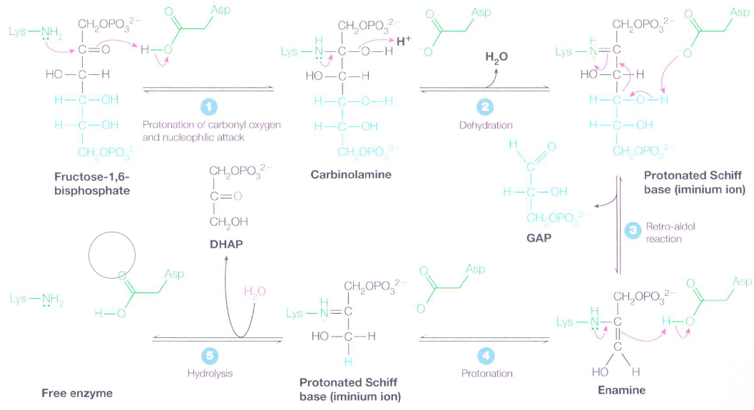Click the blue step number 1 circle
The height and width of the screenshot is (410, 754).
[x=209, y=107]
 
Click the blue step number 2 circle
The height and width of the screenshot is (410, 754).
[x=485, y=107]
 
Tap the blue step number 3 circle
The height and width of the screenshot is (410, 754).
[x=633, y=231]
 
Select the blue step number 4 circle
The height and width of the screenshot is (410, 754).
[x=486, y=357]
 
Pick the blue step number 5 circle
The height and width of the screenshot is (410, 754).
[x=210, y=357]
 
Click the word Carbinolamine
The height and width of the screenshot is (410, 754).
[x=351, y=175]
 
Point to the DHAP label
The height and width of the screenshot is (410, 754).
[x=226, y=244]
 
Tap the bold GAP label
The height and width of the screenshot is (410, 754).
[x=539, y=237]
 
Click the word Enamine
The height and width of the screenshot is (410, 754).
[x=621, y=390]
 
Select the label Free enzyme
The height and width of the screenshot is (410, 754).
[x=77, y=393]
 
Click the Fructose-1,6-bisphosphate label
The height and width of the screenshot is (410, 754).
[x=92, y=184]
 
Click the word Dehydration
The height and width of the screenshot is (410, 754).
[x=486, y=125]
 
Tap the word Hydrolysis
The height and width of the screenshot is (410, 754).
[x=210, y=374]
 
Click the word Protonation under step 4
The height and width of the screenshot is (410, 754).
[x=486, y=374]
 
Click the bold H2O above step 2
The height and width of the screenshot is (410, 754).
[x=496, y=58]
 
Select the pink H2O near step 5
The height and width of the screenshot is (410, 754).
[x=255, y=291]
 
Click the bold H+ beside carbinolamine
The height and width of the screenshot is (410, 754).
[x=404, y=41]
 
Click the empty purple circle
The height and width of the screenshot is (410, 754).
[x=111, y=255]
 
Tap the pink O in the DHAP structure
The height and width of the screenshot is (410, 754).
[x=237, y=196]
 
